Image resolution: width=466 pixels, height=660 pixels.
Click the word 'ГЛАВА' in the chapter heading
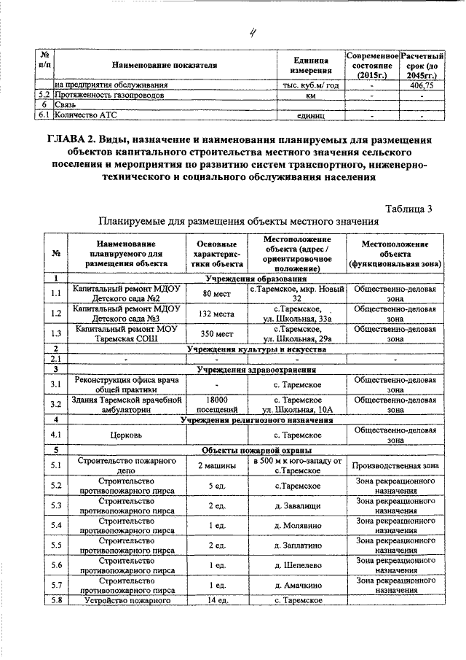click(x=71, y=140)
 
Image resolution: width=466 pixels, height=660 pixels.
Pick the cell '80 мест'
click(x=217, y=294)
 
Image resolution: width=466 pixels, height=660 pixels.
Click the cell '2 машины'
click(x=217, y=465)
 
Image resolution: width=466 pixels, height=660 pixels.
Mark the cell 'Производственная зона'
click(x=395, y=465)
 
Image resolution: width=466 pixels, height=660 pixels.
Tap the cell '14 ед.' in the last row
click(x=217, y=599)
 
